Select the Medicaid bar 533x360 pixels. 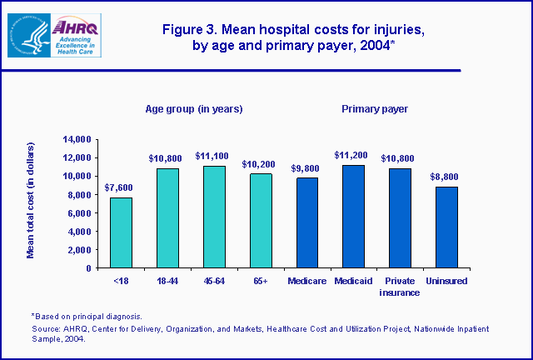pyautogui.click(x=354, y=217)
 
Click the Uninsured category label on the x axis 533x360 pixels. pyautogui.click(x=448, y=281)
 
